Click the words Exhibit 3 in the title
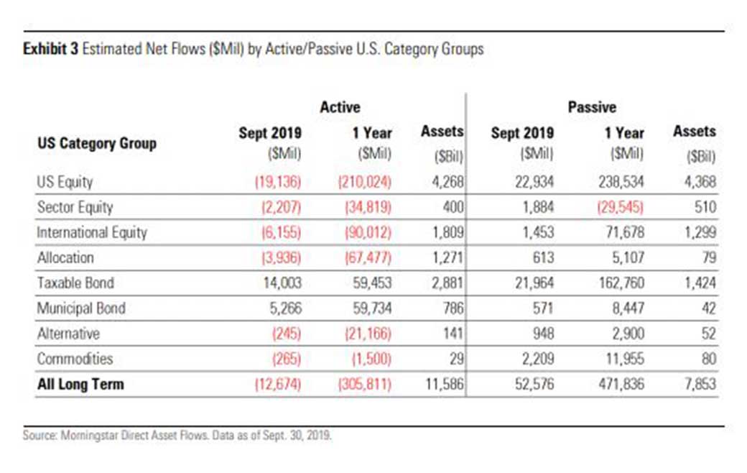coord(50,49)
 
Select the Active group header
coord(340,107)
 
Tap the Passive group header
coord(592,107)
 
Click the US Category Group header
coord(97,143)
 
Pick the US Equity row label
coord(65,182)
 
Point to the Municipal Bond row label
coord(81,308)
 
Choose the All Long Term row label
coord(80,384)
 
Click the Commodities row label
coord(75,359)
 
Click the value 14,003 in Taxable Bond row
coord(282,283)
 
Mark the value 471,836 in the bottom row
coord(621,384)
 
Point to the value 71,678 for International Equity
coord(625,232)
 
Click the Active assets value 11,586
coord(444,384)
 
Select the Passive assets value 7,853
coord(700,384)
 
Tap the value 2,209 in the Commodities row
coord(538,359)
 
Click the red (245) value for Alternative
coord(287,334)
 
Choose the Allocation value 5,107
coord(628,257)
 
